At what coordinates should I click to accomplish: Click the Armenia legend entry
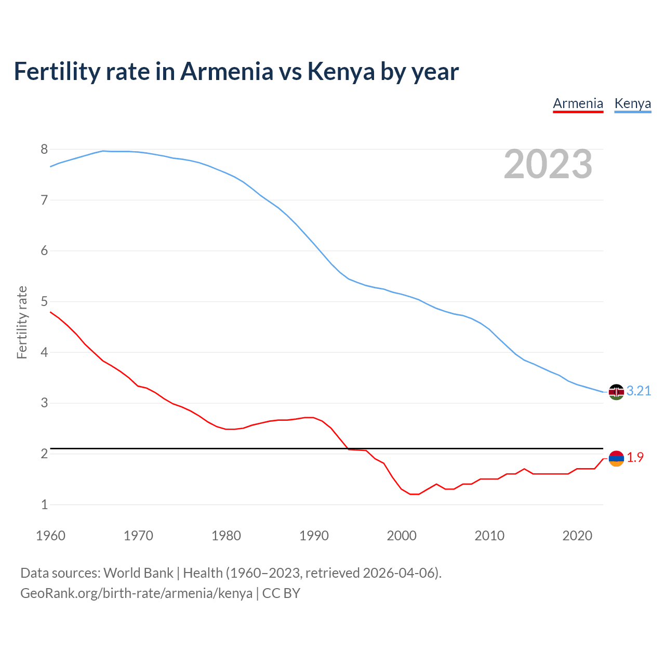tap(578, 104)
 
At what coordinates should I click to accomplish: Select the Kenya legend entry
tap(632, 104)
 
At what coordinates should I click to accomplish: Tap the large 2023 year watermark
tap(548, 164)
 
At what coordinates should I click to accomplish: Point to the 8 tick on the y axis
tap(44, 150)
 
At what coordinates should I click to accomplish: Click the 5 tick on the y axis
tap(44, 302)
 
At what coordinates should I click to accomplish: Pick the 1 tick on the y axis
tap(44, 504)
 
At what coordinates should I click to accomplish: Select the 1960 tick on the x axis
tap(50, 536)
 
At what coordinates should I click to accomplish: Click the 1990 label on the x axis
tap(314, 536)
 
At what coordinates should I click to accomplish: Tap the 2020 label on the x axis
tap(577, 536)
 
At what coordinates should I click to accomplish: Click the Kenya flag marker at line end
tap(616, 392)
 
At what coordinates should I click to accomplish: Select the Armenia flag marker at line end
tap(616, 458)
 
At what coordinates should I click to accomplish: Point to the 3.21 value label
tap(639, 391)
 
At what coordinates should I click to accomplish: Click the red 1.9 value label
tap(635, 458)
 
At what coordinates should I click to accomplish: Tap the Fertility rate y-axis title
tap(22, 322)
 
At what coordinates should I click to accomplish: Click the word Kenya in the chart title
tap(341, 72)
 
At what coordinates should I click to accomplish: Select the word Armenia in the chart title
tap(227, 72)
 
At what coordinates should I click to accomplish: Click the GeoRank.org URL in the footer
tap(136, 593)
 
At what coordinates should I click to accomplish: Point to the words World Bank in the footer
tap(138, 573)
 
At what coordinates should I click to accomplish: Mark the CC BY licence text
tap(281, 593)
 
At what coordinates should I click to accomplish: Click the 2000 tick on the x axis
tap(402, 536)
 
